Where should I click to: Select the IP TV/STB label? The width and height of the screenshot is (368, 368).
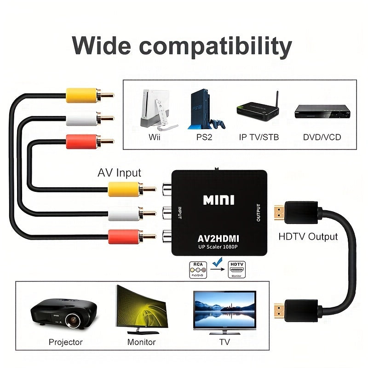[x=259, y=137]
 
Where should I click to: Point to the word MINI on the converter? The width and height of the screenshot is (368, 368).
[x=218, y=200]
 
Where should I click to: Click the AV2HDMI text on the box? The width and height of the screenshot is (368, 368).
[x=218, y=238]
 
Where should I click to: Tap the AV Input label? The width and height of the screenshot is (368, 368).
[x=119, y=173]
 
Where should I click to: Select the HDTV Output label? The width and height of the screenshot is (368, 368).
[x=308, y=237]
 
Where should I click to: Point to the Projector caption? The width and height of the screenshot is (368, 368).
[x=66, y=342]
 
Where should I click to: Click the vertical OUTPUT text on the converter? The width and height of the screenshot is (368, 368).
[x=258, y=213]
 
